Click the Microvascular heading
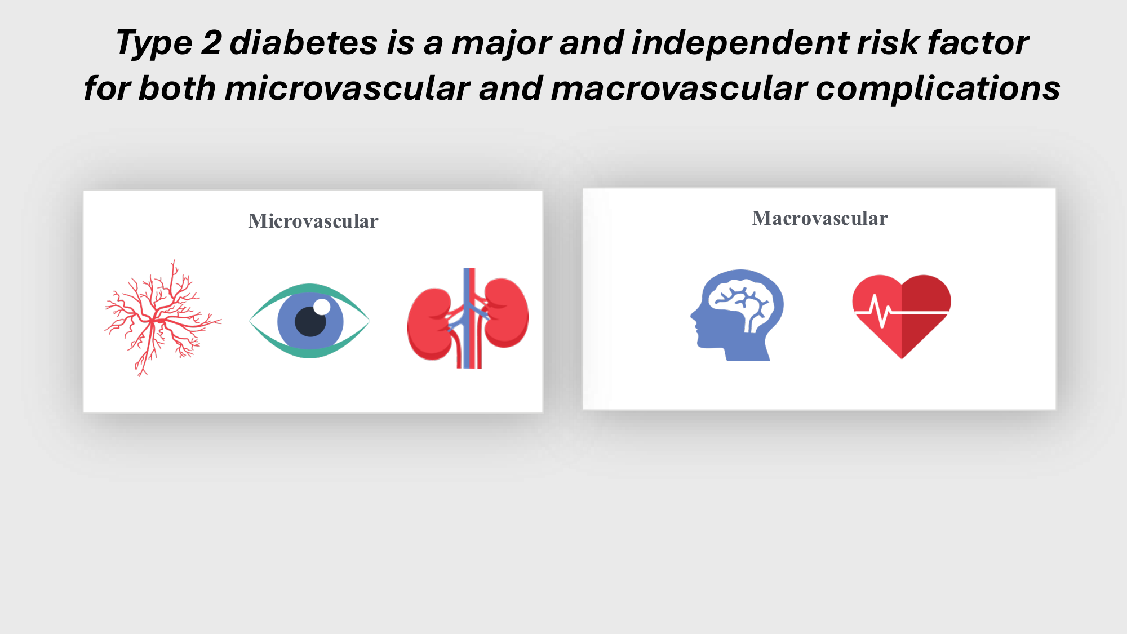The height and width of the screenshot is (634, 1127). click(x=313, y=221)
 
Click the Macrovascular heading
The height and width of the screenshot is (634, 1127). click(x=820, y=218)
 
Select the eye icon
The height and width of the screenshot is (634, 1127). click(x=309, y=321)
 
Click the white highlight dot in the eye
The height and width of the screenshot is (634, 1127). click(x=322, y=307)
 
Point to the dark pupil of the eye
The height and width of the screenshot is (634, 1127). click(x=310, y=321)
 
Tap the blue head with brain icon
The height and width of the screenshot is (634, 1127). click(x=736, y=315)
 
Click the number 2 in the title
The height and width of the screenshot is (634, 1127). click(x=211, y=43)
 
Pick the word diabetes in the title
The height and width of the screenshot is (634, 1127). click(x=304, y=43)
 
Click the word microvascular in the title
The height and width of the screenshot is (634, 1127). click(x=347, y=89)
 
